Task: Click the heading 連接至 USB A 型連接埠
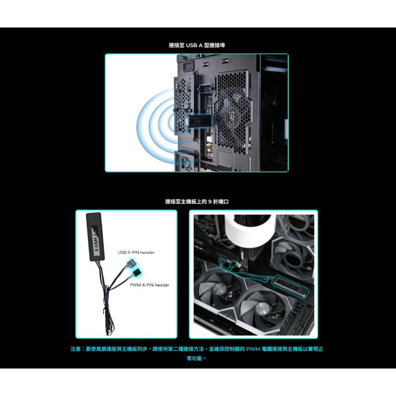pos(197,46)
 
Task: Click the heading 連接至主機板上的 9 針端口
pos(197,202)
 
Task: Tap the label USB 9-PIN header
pos(136,252)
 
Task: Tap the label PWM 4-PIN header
pos(149,285)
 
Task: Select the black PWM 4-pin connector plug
pos(136,272)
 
